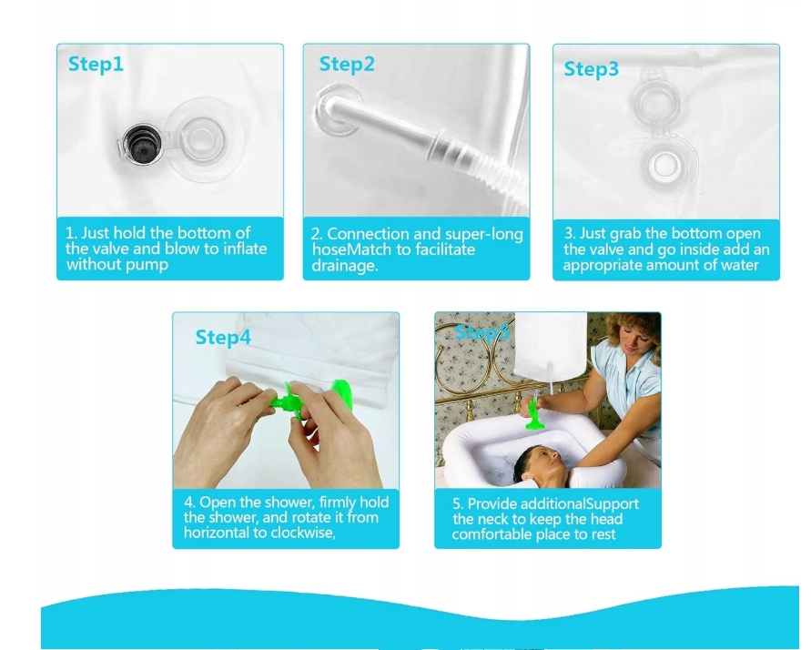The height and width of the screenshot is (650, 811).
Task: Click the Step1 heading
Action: pos(96,64)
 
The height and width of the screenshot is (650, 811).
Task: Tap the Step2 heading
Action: pos(347,64)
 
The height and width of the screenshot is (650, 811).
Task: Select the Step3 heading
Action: pos(591,69)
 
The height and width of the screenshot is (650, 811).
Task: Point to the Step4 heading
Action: pos(223,337)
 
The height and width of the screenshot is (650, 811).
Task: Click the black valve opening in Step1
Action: pos(142,144)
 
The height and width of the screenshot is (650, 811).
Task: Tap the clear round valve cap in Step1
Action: pos(203,139)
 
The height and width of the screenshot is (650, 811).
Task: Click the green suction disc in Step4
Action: pos(341,396)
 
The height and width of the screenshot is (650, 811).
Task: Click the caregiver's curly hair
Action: pos(634,331)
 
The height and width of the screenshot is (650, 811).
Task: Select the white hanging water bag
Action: pos(550,345)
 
